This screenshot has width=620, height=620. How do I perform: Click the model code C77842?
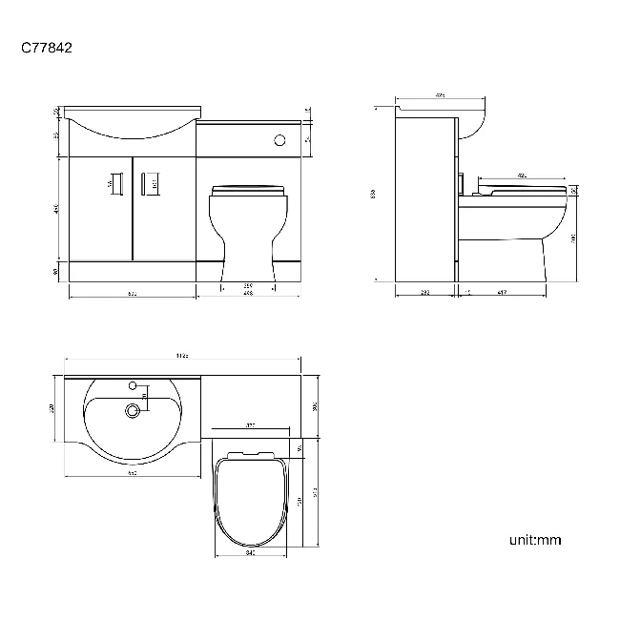[x=47, y=46]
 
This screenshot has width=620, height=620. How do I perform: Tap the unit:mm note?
[x=535, y=540]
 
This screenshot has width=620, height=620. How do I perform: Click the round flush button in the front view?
[x=279, y=139]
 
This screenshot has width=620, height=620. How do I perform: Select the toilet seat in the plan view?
[x=248, y=501]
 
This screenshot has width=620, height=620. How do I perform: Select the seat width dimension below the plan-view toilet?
[x=248, y=552]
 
